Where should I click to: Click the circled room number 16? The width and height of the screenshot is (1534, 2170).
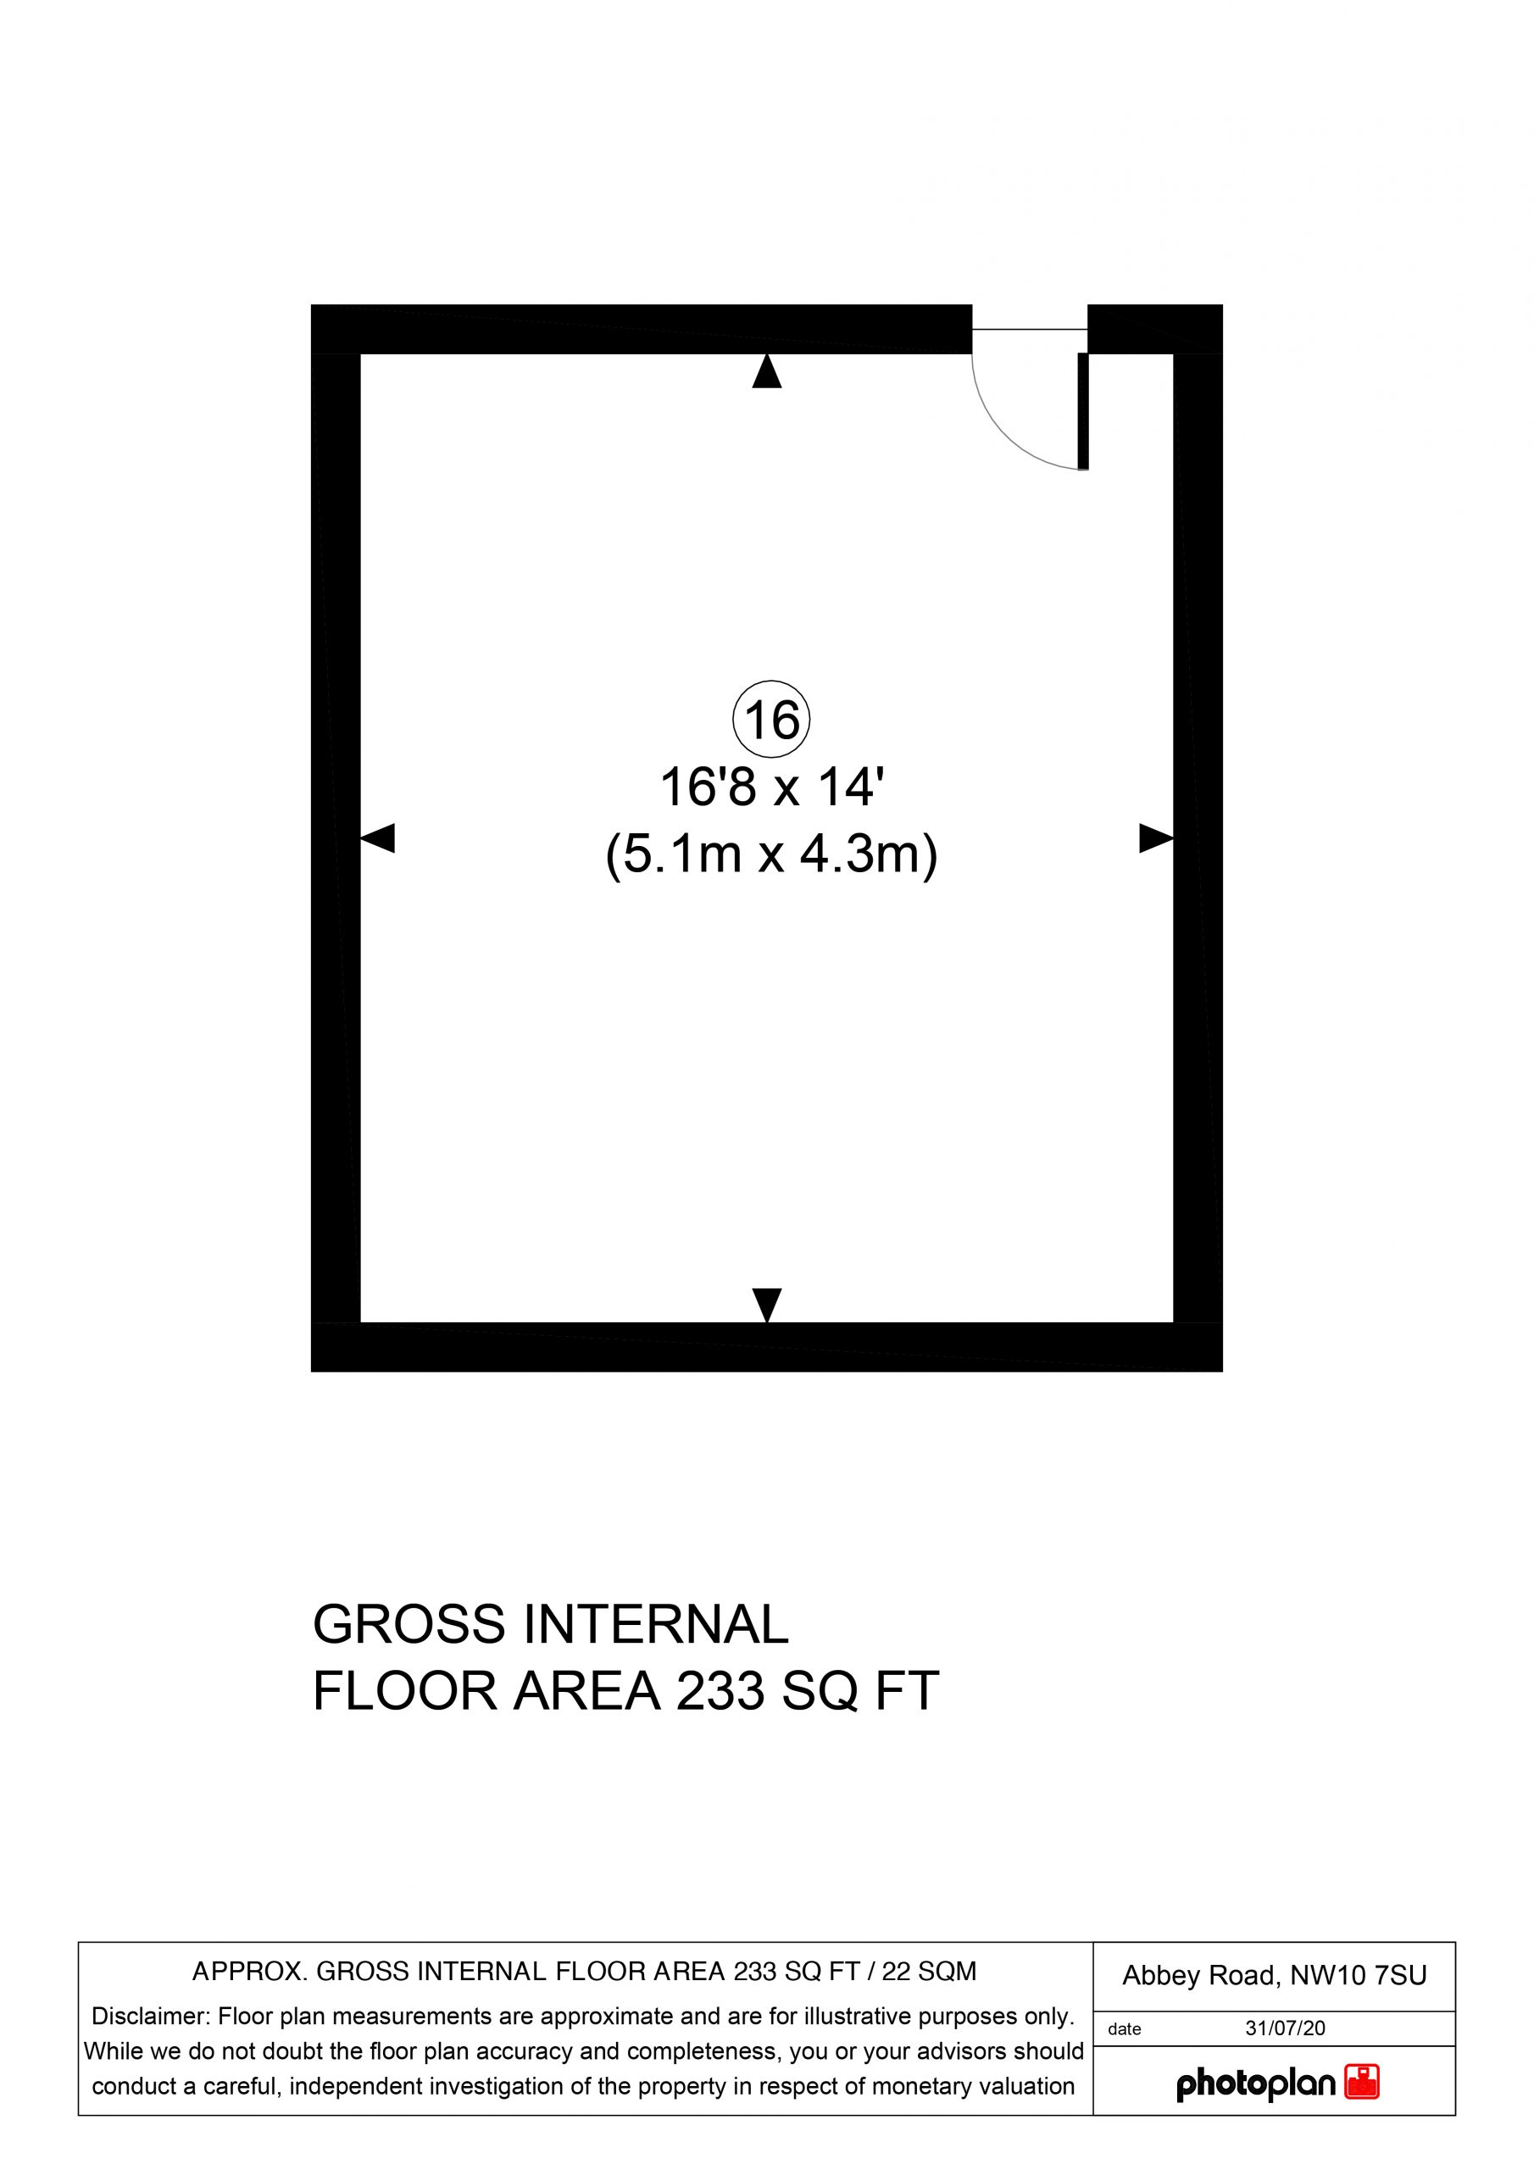(x=771, y=720)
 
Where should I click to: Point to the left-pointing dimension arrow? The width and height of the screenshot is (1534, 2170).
(x=377, y=838)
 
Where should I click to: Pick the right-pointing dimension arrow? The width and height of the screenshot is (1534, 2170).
(x=1156, y=838)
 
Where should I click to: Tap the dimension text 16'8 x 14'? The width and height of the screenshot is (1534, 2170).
(x=771, y=787)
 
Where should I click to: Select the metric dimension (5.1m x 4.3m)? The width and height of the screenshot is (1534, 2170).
(x=771, y=855)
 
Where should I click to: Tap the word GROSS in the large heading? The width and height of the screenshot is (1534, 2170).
(x=409, y=1625)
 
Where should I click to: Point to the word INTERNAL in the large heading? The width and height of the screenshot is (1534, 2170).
(x=656, y=1625)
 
